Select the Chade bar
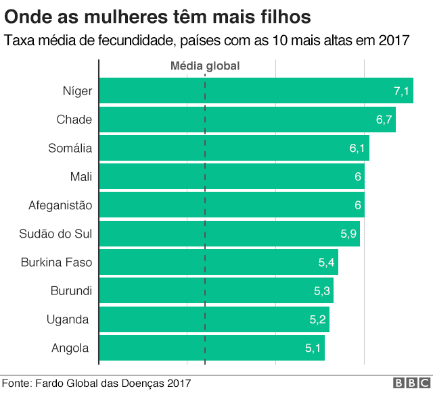[x=247, y=120]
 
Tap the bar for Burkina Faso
[x=218, y=262]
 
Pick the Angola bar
[x=212, y=348]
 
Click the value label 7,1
[x=401, y=91]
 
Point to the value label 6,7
[x=384, y=120]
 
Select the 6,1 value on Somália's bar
[x=358, y=148]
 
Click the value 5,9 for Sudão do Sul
[x=348, y=234]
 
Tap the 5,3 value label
[x=322, y=291]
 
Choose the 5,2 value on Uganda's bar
[x=318, y=319]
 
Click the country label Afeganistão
[x=60, y=205]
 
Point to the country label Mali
[x=81, y=176]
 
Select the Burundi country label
[x=71, y=291]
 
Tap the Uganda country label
[x=68, y=319]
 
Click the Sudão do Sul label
[x=55, y=234]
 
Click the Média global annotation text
[x=204, y=66]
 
